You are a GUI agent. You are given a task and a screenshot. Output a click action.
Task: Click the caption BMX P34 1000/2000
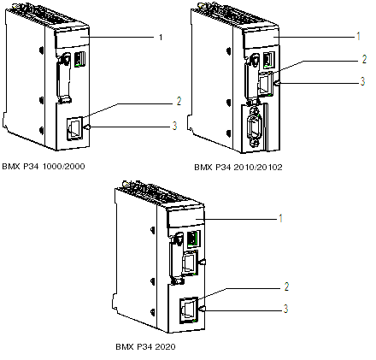(x=44, y=166)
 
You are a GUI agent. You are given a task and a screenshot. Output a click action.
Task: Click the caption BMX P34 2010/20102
(x=238, y=167)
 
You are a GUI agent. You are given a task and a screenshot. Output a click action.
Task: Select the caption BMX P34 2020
(x=145, y=346)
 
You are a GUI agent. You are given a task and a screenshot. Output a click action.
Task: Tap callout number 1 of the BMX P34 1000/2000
(x=161, y=37)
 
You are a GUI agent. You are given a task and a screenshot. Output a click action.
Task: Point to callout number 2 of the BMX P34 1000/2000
(x=179, y=101)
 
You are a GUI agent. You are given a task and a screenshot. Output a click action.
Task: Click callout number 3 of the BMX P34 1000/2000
(x=174, y=126)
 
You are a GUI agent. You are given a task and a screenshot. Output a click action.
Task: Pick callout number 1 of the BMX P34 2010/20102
(x=358, y=36)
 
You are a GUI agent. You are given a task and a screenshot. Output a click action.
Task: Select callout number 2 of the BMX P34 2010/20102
(x=364, y=59)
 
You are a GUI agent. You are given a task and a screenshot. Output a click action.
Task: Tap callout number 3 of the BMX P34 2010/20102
(x=362, y=81)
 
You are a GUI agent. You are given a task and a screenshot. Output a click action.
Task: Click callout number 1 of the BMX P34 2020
(x=280, y=218)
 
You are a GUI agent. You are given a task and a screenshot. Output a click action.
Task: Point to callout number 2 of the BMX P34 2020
(x=286, y=286)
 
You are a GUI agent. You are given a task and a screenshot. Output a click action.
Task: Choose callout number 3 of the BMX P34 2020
(x=285, y=309)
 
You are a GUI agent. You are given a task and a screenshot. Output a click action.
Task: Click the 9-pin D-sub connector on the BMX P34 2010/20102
(x=254, y=126)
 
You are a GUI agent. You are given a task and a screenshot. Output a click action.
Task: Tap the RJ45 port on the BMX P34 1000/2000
(x=74, y=129)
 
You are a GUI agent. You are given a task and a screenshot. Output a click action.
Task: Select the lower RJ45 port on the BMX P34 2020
(x=189, y=310)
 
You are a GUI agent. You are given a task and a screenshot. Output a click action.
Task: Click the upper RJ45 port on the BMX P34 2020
(x=190, y=263)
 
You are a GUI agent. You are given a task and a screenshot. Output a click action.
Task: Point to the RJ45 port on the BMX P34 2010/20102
(x=265, y=84)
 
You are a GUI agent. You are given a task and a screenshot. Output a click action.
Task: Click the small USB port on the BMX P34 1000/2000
(x=79, y=59)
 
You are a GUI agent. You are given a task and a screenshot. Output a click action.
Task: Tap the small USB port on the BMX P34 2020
(x=193, y=239)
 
